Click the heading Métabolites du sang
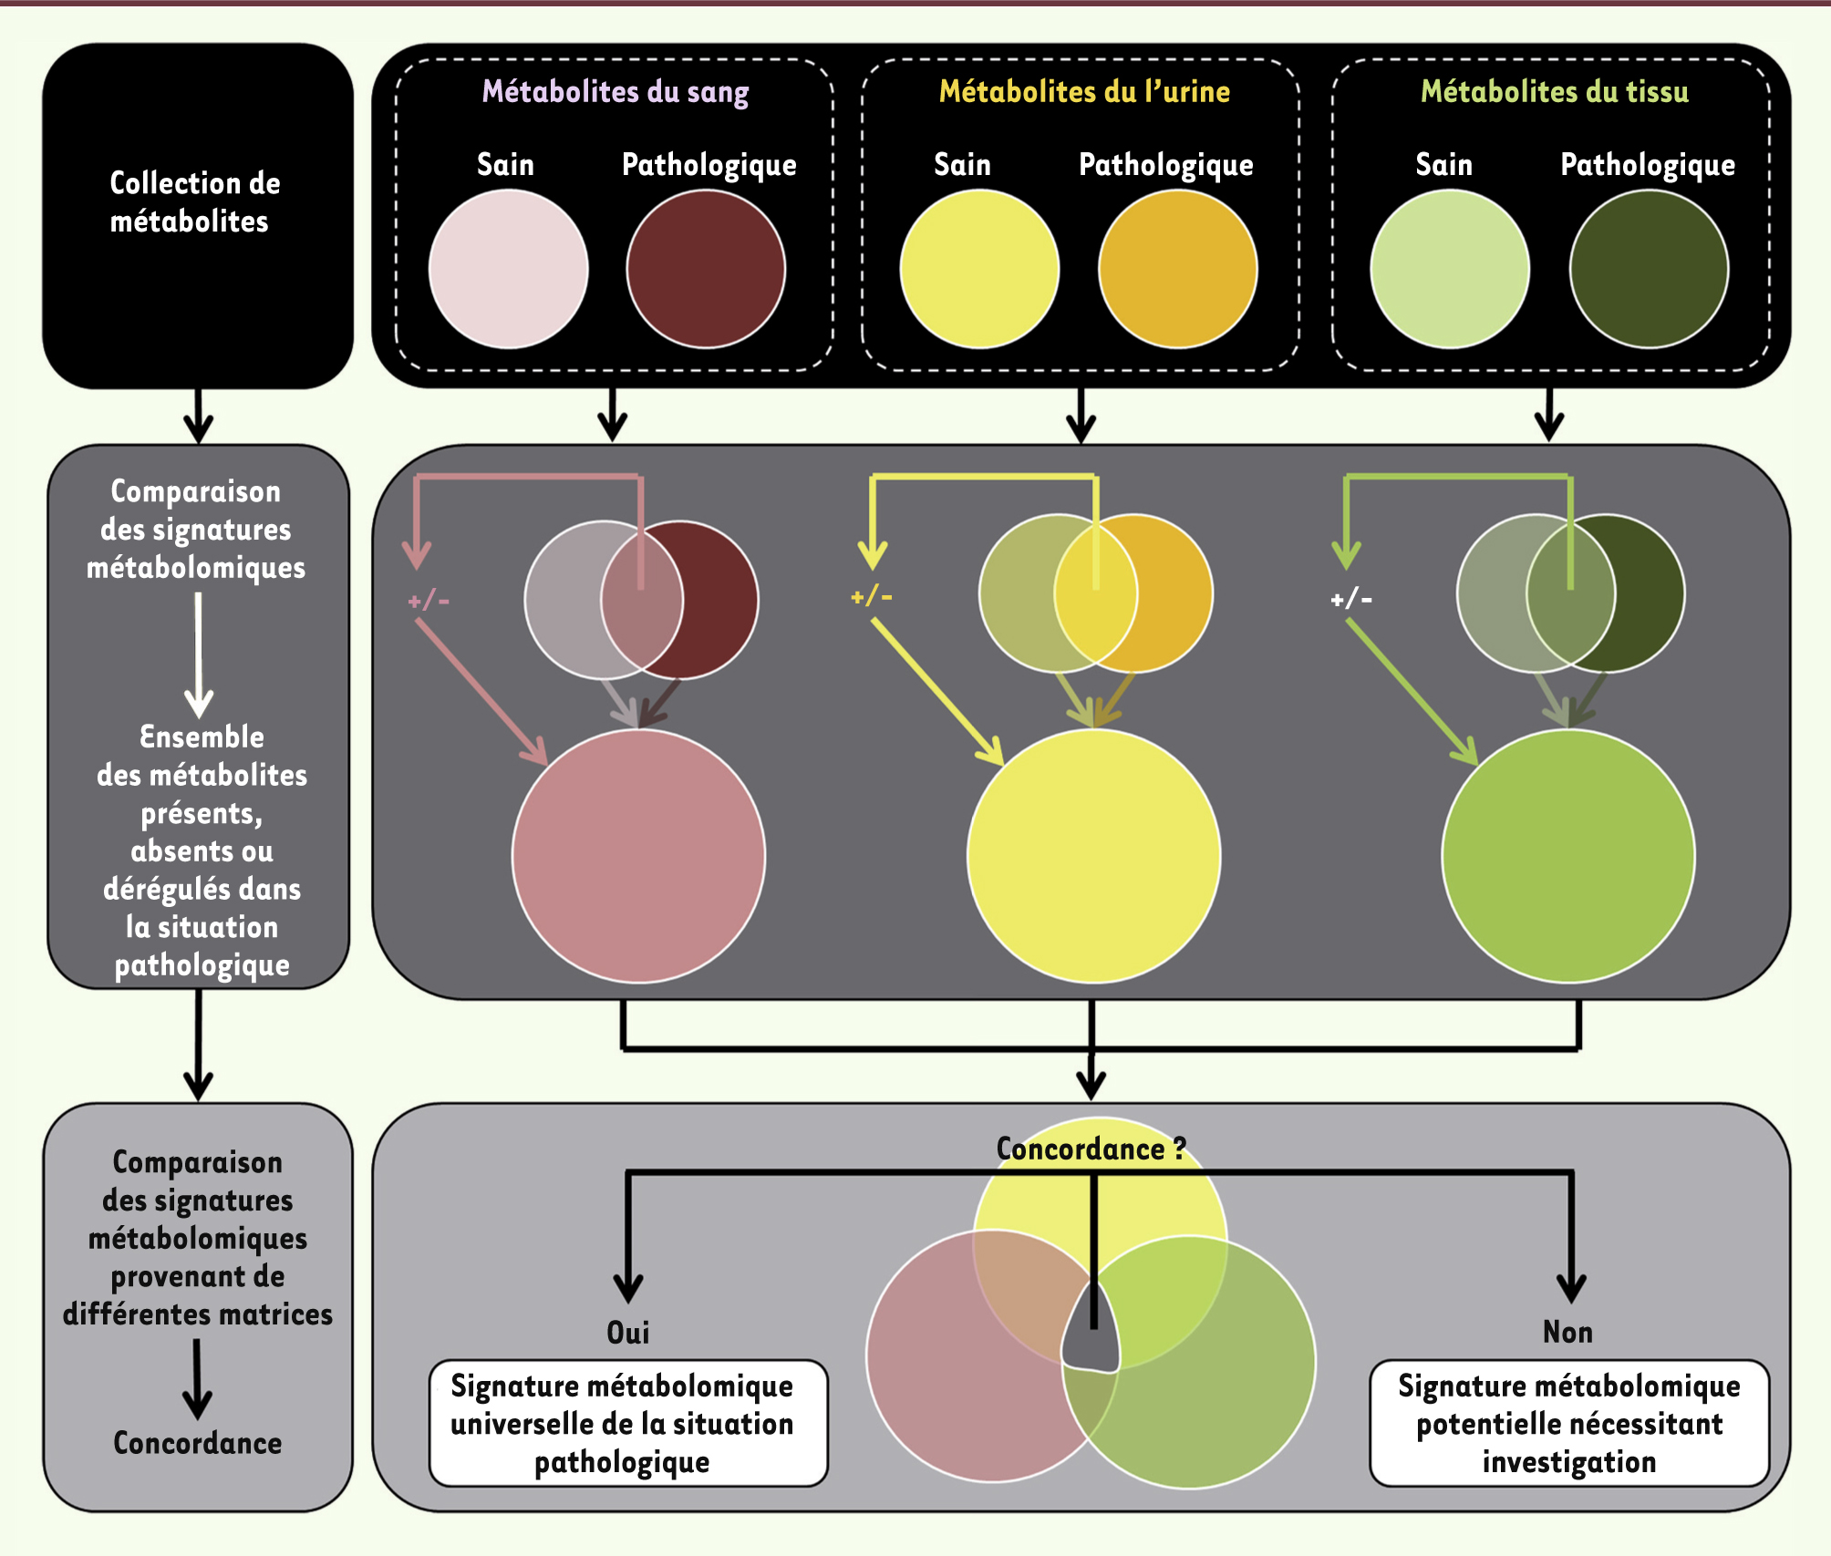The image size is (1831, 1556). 616,91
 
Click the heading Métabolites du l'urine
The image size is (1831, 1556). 1084,91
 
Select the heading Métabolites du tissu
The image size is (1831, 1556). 1554,91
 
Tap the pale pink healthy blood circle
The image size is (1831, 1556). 508,269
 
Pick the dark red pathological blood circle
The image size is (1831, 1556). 706,269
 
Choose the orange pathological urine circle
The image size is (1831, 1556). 1177,269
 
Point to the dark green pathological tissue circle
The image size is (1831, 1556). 1649,269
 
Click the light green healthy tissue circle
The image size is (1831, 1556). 1450,269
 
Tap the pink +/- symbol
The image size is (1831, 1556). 429,600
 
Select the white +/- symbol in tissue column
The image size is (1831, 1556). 1351,599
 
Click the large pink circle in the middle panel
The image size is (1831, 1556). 638,856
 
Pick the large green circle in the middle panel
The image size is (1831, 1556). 1568,856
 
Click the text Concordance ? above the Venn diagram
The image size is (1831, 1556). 1091,1149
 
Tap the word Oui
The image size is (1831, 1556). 628,1333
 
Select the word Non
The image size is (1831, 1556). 1567,1332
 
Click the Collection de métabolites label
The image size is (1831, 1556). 194,202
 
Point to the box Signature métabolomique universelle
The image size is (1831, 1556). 628,1423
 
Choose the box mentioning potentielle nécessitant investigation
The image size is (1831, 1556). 1568,1423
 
